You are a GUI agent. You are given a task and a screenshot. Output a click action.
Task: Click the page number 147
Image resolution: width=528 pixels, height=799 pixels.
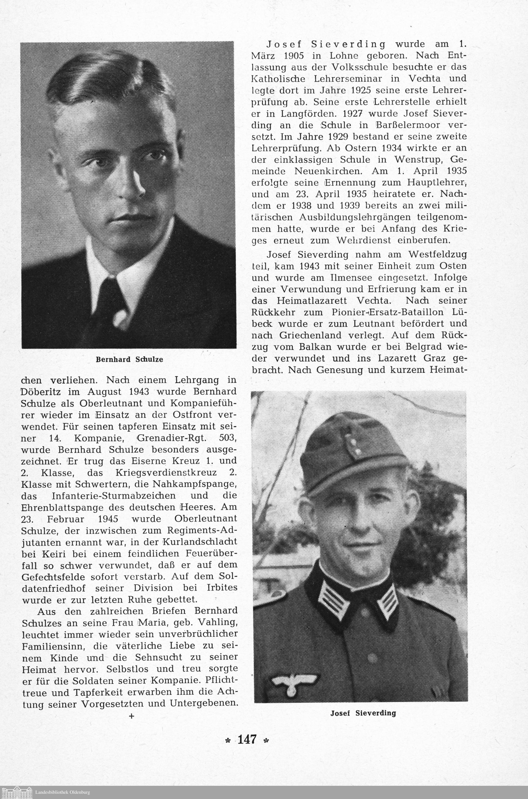[247, 739]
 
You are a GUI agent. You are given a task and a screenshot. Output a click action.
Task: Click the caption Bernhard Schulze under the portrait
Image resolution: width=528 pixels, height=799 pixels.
[129, 359]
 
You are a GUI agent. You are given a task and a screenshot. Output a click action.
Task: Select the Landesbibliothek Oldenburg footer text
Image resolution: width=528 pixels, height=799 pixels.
[63, 792]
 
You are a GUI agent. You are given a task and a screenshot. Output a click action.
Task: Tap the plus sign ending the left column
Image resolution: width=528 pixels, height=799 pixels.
[131, 716]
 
